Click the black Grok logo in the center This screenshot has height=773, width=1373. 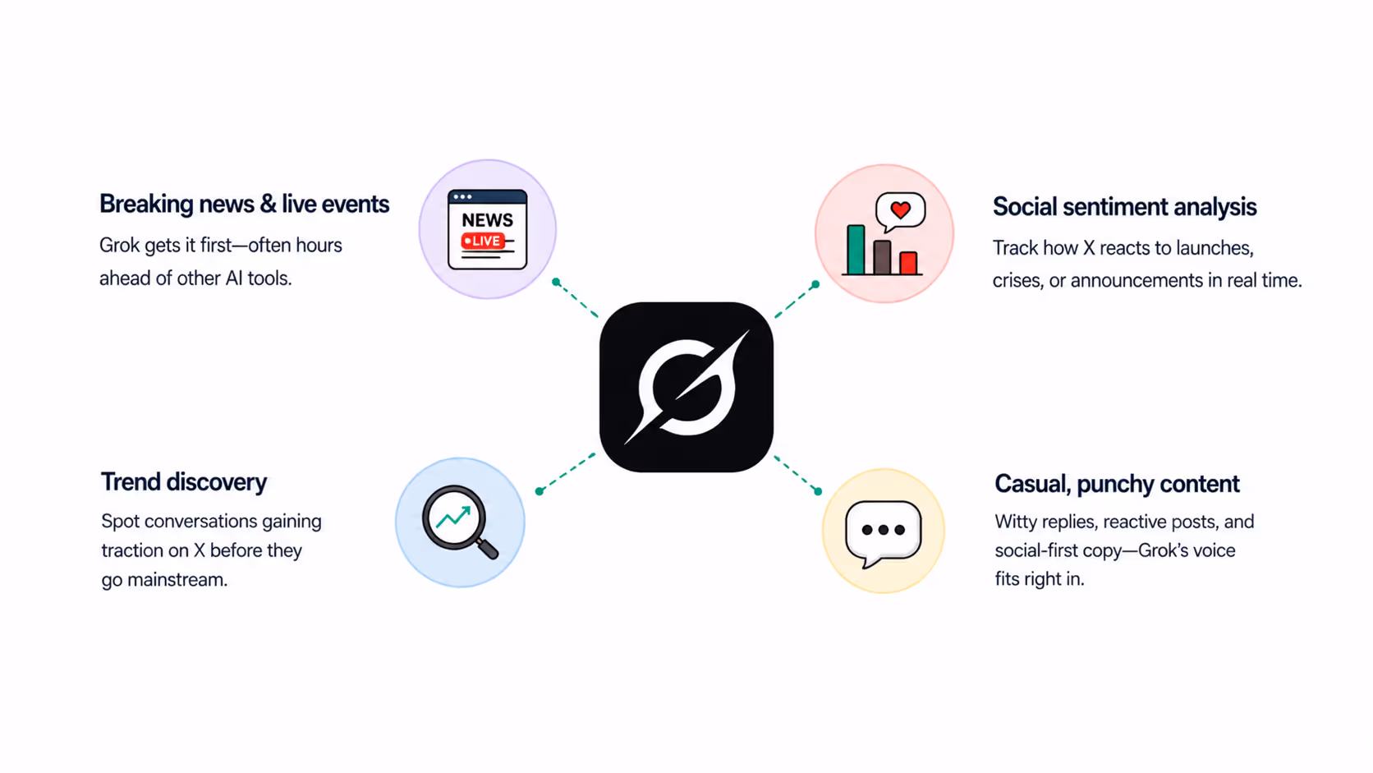(686, 387)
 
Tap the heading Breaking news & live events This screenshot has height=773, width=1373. (244, 204)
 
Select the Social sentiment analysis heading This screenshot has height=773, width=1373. (1125, 206)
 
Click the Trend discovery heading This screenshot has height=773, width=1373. (184, 482)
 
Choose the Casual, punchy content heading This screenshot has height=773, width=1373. (1117, 484)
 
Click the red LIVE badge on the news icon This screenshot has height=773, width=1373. (484, 241)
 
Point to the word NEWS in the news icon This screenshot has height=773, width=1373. (487, 220)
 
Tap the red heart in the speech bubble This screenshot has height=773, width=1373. (901, 210)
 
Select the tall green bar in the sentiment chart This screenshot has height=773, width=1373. (856, 250)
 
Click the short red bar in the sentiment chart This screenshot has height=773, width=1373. (908, 263)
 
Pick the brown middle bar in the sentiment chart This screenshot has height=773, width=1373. (882, 257)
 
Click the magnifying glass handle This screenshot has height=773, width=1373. (487, 548)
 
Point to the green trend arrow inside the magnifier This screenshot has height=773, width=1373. (453, 517)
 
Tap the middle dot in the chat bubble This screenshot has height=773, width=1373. (884, 530)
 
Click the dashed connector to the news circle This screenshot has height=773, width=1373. (576, 299)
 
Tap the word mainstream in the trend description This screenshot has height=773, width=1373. (177, 579)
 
